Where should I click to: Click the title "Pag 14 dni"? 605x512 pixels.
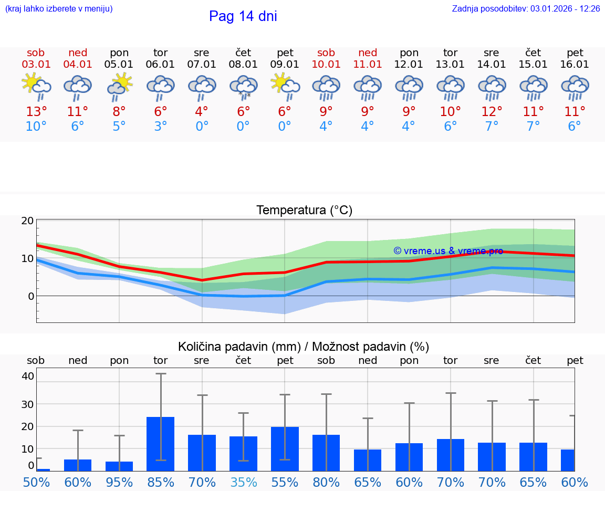pos(243,16)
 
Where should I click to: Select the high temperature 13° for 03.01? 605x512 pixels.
pos(36,112)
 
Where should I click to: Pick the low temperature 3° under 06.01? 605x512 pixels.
pos(160,127)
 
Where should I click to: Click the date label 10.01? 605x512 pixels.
pos(326,64)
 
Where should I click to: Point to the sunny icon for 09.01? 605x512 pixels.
pos(285,87)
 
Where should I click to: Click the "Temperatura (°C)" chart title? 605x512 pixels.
pos(304,211)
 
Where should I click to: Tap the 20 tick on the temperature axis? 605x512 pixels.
pos(27,221)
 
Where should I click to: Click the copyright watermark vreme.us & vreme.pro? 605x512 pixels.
pos(448,251)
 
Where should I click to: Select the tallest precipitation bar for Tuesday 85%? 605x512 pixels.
pos(160,444)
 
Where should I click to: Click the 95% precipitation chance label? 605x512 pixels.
pos(119,482)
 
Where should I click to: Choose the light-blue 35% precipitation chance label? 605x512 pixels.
pos(244,482)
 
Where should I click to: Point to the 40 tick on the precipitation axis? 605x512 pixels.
pos(28,376)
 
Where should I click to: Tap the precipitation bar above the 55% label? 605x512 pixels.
pos(285,449)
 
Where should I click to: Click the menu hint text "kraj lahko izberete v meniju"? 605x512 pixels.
pos(59,9)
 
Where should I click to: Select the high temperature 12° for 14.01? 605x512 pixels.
pos(492,112)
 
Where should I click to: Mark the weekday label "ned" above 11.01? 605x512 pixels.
pos(368,53)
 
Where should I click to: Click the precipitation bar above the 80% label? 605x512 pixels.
pos(326,453)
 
